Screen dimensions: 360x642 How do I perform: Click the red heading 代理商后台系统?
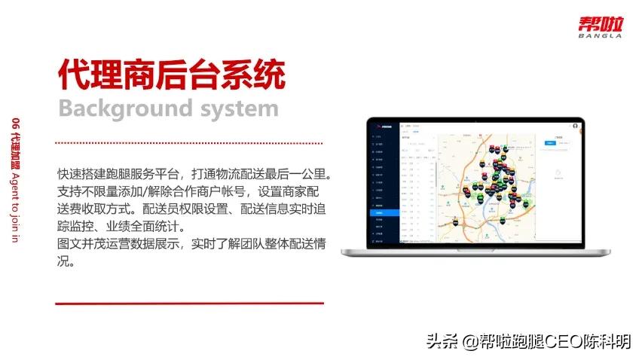(172, 75)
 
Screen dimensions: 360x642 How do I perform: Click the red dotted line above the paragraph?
(189, 142)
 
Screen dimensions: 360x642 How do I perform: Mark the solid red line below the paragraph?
(189, 304)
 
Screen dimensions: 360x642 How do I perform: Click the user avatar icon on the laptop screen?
(575, 125)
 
